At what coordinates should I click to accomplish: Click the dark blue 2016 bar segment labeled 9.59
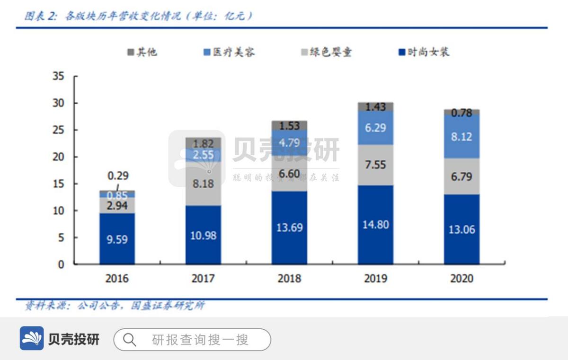pos(117,239)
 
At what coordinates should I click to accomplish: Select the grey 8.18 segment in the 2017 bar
pos(203,184)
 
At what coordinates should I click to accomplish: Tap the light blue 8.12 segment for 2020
pos(461,136)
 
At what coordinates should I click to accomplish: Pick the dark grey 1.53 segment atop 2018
pos(289,125)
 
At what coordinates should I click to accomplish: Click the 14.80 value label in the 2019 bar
pos(375,224)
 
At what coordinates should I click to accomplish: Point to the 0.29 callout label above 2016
pos(118,176)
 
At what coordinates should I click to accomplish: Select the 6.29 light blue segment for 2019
pos(375,128)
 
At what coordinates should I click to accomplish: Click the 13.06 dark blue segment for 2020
pos(461,229)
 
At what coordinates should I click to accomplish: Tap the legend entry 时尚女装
pos(424,52)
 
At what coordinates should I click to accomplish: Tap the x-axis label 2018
pos(289,278)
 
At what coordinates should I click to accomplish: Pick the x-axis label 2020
pos(461,278)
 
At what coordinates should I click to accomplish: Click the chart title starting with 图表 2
pos(137,16)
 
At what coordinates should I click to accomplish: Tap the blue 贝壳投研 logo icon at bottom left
pos(32,339)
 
